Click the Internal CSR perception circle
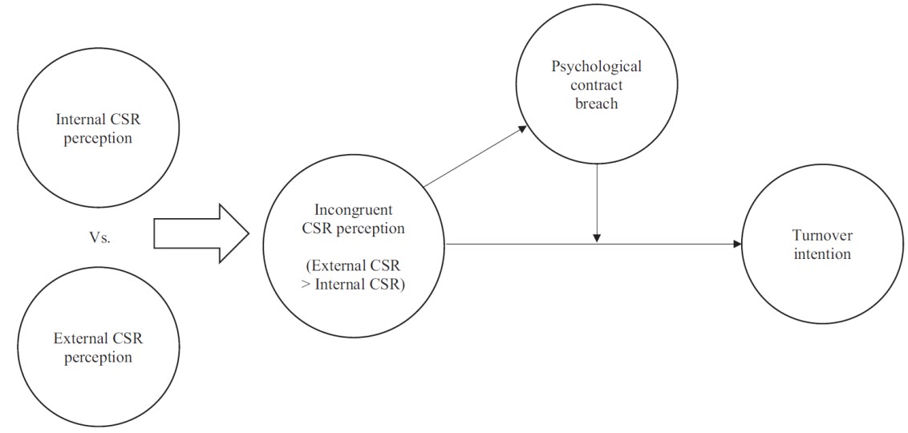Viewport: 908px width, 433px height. click(94, 128)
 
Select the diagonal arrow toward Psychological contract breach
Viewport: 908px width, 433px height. click(473, 156)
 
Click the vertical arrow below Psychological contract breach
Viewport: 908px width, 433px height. click(597, 200)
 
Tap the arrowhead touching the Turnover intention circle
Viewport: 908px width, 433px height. click(736, 244)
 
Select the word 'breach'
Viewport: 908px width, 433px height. click(596, 103)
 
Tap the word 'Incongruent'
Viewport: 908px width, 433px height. click(354, 210)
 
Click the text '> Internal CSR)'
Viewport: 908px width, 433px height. click(354, 284)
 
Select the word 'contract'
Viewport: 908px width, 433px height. click(596, 84)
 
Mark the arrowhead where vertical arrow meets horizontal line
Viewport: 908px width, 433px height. click(597, 238)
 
